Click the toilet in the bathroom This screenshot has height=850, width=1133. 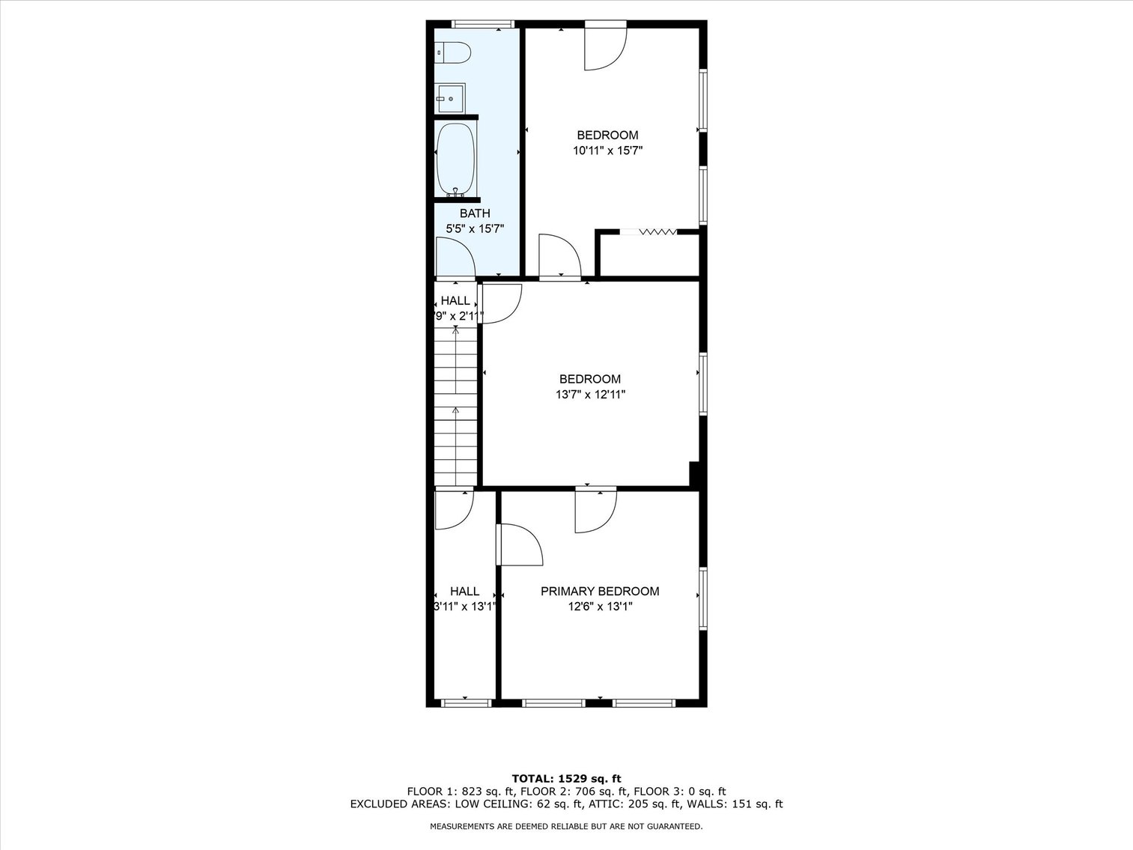(455, 53)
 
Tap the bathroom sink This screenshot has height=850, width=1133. (451, 98)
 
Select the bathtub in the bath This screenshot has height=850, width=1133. (455, 159)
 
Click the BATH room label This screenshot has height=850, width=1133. (475, 213)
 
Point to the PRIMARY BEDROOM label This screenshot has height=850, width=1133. (600, 591)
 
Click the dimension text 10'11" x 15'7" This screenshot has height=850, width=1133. (607, 151)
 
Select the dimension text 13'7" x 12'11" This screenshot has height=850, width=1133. (590, 395)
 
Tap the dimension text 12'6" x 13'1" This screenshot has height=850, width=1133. (600, 607)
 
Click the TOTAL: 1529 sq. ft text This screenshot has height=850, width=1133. (566, 778)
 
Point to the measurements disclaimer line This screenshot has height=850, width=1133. (566, 826)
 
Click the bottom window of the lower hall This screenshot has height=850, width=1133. (465, 702)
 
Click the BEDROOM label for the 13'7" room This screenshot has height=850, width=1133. (590, 379)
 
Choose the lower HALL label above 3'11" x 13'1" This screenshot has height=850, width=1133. (464, 591)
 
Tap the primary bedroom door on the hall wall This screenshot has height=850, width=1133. (518, 544)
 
